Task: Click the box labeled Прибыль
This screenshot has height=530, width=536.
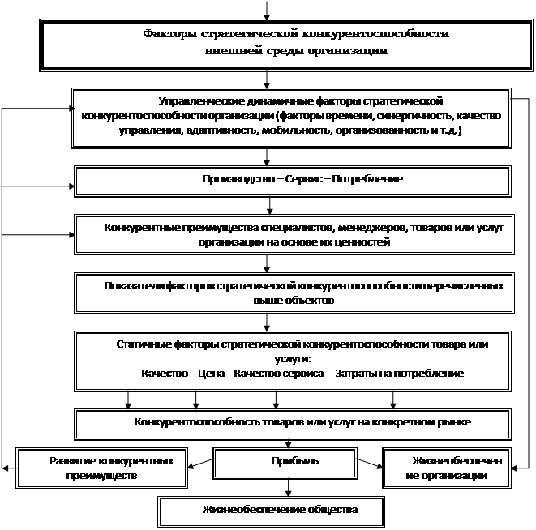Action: (285, 464)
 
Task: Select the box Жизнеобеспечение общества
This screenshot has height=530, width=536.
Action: (271, 511)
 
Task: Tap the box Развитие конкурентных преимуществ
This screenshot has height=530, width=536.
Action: (101, 468)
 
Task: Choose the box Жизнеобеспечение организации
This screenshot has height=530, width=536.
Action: (447, 468)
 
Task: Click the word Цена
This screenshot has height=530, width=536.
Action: (212, 373)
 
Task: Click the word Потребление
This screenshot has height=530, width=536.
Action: (367, 179)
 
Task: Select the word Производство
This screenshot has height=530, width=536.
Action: (238, 179)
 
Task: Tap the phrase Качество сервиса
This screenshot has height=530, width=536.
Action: (279, 373)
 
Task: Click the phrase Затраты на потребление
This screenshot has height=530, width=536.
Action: (399, 374)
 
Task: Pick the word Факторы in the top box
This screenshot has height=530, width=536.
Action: (169, 34)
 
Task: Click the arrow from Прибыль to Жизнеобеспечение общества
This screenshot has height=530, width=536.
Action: (288, 488)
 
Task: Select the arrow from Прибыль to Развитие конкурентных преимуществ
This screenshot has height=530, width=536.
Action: (200, 464)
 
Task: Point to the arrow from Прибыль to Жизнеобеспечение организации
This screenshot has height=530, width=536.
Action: (370, 464)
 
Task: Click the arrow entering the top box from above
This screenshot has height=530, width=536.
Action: (267, 11)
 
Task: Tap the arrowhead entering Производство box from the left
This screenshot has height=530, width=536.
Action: (72, 186)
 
